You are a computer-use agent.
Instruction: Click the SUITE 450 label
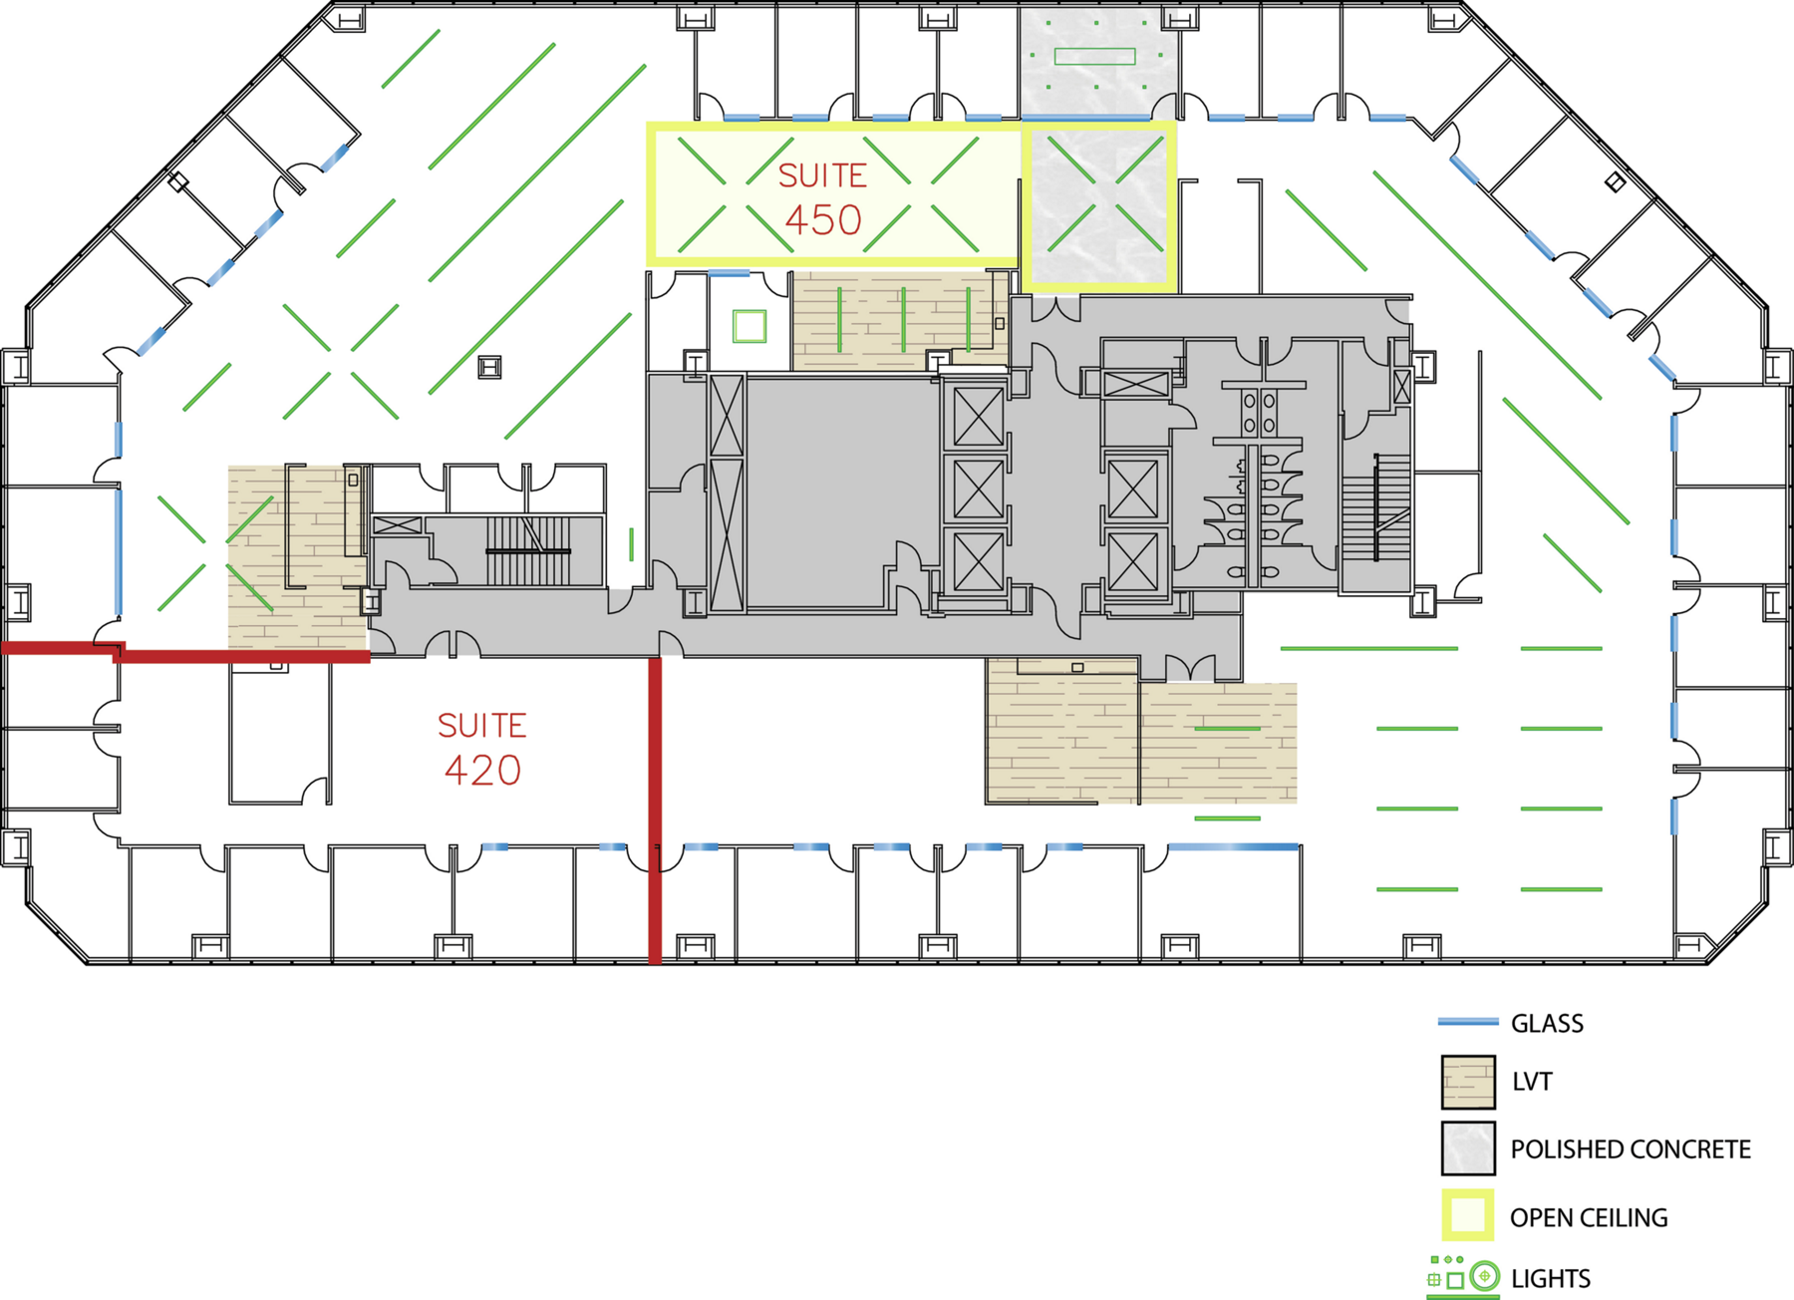click(822, 198)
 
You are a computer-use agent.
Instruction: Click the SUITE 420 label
click(482, 749)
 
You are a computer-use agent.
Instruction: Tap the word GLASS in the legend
click(1547, 1023)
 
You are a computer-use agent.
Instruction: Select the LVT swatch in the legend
click(1468, 1083)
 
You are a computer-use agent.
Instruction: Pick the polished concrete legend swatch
click(1468, 1148)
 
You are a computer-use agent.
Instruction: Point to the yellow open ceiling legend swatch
click(1468, 1215)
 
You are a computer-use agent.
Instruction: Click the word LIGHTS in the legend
click(1551, 1278)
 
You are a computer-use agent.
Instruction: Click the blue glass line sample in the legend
click(1468, 1022)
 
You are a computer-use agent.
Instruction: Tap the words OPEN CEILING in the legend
click(1589, 1217)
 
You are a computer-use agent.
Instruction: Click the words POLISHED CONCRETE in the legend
click(1631, 1149)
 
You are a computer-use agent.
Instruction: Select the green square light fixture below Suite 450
click(749, 326)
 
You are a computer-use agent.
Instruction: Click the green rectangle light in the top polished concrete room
click(1095, 57)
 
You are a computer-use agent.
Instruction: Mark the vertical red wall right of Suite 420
click(655, 811)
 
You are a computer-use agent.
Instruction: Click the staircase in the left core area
click(528, 550)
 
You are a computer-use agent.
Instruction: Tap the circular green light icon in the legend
click(1484, 1276)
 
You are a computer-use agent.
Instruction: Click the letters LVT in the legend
click(1532, 1082)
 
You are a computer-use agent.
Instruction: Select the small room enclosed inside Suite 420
click(280, 735)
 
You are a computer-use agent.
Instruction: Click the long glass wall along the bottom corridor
click(1234, 846)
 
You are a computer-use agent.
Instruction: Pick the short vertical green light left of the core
click(631, 544)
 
